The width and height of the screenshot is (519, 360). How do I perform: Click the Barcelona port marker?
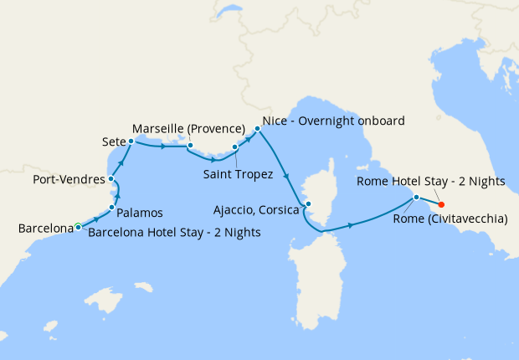click(x=78, y=225)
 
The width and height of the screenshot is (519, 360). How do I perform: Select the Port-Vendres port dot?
click(x=111, y=179)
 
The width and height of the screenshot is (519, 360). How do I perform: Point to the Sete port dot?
click(x=131, y=141)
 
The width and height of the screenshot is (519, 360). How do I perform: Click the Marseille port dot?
click(x=190, y=146)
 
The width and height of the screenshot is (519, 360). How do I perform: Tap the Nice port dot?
click(x=257, y=129)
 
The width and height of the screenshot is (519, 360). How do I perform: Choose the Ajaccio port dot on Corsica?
click(x=308, y=203)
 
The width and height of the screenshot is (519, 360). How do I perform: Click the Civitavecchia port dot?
click(x=415, y=198)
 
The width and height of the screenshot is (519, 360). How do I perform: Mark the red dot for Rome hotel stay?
click(x=441, y=204)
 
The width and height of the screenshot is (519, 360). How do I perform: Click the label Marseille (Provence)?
click(x=188, y=128)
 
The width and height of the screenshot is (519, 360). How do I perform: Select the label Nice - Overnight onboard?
click(x=333, y=120)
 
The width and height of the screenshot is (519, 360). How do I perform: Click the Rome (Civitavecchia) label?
click(x=449, y=219)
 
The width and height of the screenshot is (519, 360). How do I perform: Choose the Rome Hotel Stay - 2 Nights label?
click(x=430, y=181)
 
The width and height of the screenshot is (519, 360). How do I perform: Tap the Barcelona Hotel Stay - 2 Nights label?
click(x=174, y=232)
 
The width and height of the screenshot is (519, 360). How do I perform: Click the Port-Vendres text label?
click(x=69, y=179)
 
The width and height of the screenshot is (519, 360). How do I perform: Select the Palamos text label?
click(x=139, y=213)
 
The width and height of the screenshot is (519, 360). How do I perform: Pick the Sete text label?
click(x=113, y=141)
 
